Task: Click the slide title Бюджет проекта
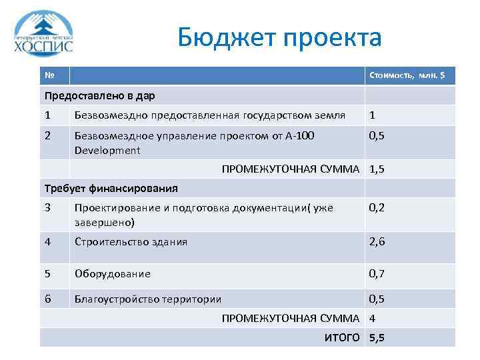279,37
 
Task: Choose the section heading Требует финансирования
111,188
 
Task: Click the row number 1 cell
47,115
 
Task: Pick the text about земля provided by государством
209,115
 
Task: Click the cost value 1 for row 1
373,115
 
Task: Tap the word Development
107,150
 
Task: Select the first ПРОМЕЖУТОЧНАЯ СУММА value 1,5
377,169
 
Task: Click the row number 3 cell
47,207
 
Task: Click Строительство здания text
131,241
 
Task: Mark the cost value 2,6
377,241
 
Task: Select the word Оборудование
112,273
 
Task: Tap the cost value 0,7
377,273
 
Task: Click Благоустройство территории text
148,299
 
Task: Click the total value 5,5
377,337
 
